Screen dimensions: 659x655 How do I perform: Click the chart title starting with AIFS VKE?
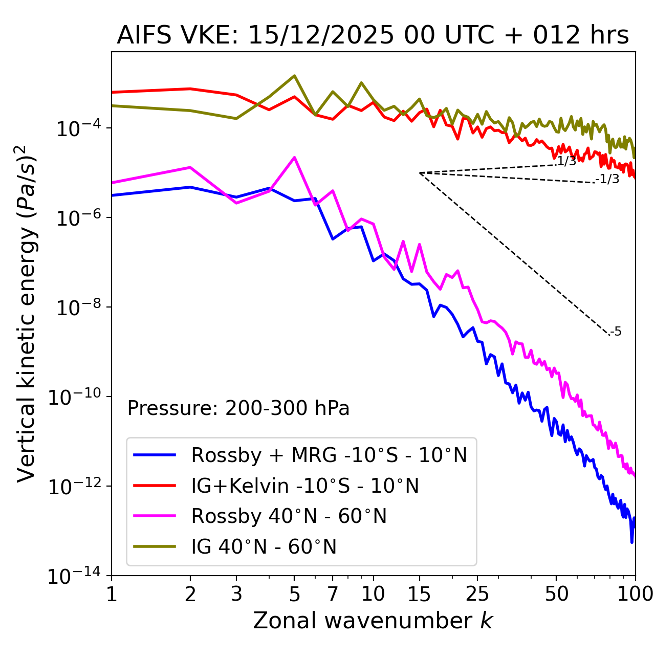(x=373, y=36)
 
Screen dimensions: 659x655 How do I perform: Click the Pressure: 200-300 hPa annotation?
(x=238, y=408)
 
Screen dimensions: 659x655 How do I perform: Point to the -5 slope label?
(x=616, y=332)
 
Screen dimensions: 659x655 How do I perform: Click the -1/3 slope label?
(x=607, y=179)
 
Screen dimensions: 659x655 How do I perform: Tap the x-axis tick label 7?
(x=333, y=594)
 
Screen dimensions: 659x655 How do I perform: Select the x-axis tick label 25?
(x=477, y=594)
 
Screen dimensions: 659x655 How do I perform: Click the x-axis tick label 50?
(x=557, y=594)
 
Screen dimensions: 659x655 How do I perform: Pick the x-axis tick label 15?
(x=419, y=594)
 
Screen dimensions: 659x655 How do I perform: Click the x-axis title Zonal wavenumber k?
(x=373, y=621)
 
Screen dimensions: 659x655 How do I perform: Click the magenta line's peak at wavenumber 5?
(x=294, y=158)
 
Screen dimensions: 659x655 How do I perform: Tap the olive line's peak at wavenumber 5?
(x=294, y=76)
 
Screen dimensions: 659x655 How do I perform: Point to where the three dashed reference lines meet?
(x=420, y=173)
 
